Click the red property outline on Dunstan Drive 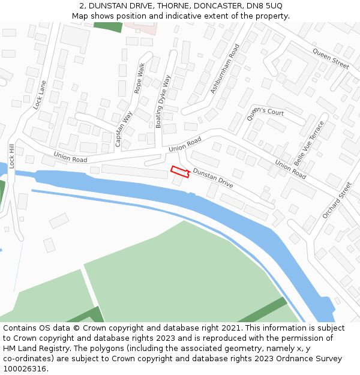[180, 171]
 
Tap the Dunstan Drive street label [212, 179]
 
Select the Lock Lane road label [40, 95]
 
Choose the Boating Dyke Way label [163, 101]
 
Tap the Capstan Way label [124, 129]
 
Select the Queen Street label [331, 59]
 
